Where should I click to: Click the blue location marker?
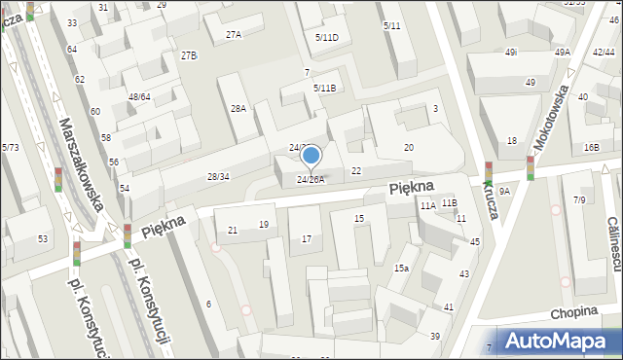[311, 156]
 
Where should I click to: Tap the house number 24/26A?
[311, 179]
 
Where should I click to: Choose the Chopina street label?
[571, 313]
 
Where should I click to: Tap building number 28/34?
[218, 176]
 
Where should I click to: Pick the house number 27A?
[234, 34]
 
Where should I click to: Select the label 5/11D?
[327, 37]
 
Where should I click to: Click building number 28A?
[238, 109]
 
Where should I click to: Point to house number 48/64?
[139, 96]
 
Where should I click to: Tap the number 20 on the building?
[409, 147]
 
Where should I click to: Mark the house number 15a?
[401, 268]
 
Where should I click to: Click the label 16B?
[592, 147]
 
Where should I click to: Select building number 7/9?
[579, 199]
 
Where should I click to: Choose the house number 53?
[43, 238]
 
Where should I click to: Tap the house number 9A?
[504, 192]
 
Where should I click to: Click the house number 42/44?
[603, 52]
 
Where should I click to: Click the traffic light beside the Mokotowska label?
[531, 167]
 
